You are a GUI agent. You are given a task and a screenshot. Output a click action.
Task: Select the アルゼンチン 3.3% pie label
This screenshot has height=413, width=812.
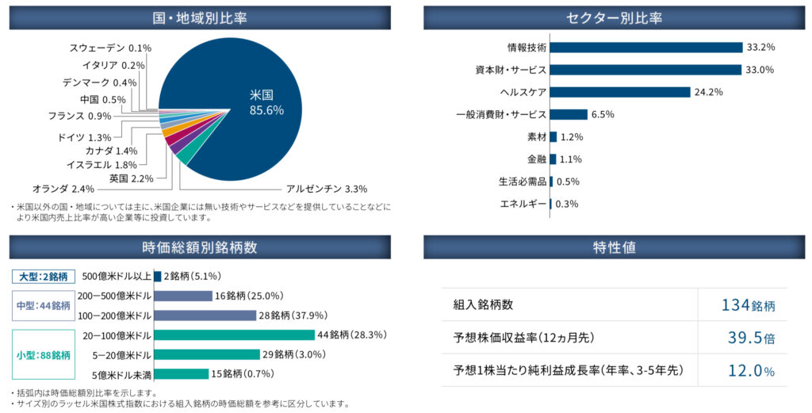tap(326, 189)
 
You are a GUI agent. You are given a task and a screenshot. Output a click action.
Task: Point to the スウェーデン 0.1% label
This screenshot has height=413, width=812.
tap(110, 48)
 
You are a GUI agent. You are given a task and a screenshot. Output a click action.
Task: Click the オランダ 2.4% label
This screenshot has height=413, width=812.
tap(63, 189)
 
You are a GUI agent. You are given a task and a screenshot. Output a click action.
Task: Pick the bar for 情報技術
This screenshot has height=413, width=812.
tap(645, 48)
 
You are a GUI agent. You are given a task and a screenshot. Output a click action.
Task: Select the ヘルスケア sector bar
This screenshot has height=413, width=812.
tap(619, 92)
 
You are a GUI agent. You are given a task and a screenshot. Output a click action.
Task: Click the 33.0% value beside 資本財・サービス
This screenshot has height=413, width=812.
tap(760, 70)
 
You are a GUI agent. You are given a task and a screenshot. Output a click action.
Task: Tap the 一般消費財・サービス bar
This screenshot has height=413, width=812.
tap(568, 114)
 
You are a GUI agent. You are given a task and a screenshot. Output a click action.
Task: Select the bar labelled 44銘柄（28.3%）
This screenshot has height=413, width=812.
tap(234, 335)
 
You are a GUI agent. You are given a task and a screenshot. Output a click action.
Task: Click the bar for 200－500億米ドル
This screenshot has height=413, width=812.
tap(182, 296)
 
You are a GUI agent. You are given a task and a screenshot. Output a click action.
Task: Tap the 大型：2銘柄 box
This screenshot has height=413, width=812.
tap(43, 277)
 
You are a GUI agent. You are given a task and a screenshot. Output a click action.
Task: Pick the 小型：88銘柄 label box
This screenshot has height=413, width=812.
tap(43, 354)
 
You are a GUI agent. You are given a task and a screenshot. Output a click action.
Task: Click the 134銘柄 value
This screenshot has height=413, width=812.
tap(748, 305)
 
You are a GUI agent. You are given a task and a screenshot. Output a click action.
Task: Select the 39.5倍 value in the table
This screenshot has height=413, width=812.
tap(751, 338)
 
